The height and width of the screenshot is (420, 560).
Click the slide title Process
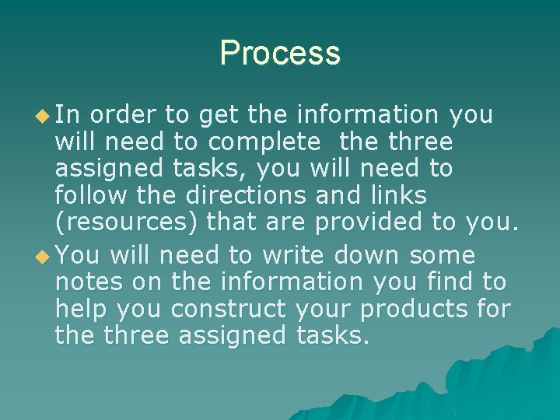pyautogui.click(x=280, y=53)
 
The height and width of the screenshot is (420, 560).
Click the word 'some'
pyautogui.click(x=443, y=255)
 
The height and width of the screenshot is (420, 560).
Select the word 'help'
pyautogui.click(x=80, y=309)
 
